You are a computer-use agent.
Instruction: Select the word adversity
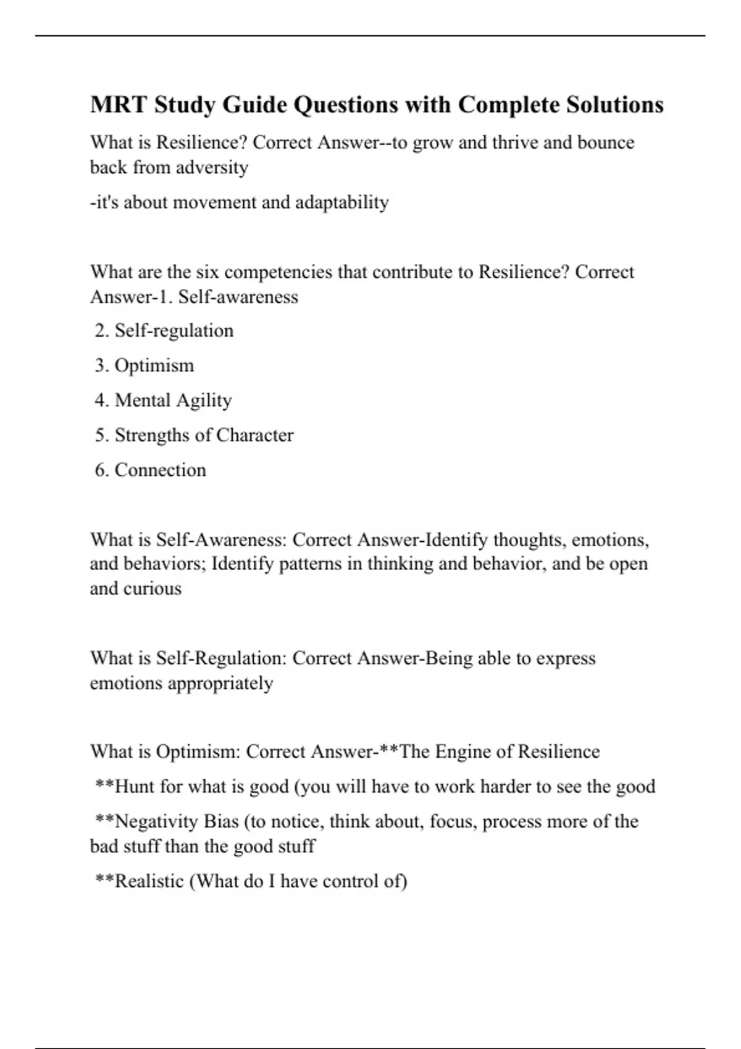pos(212,168)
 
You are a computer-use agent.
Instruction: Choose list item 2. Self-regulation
pos(164,331)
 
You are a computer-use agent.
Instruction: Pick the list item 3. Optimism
pos(144,365)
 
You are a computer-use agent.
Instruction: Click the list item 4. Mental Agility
pos(164,400)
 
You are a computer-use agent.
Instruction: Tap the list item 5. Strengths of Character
pos(194,435)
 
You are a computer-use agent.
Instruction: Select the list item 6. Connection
pos(151,470)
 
